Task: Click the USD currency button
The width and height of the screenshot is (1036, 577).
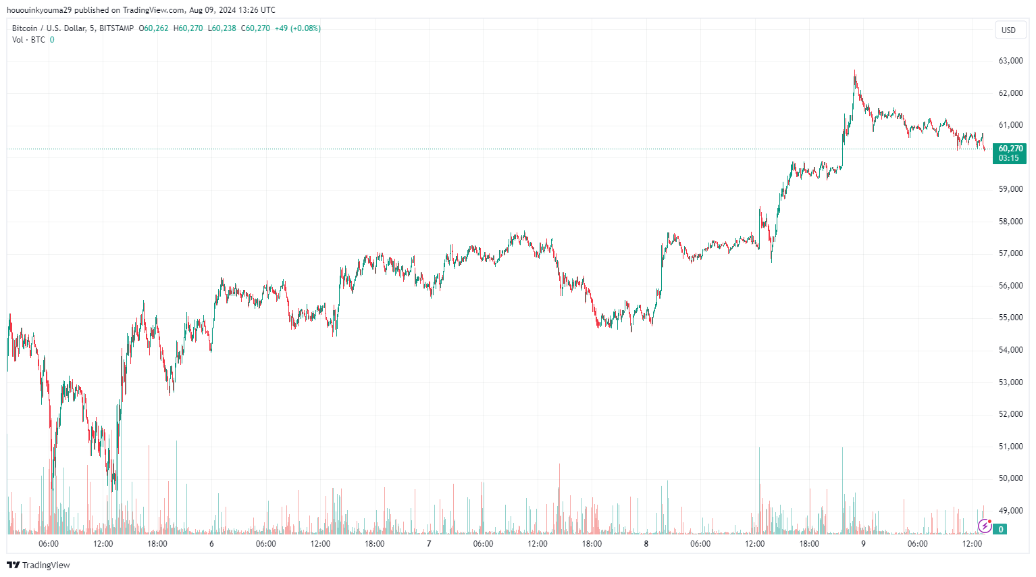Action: (x=1008, y=30)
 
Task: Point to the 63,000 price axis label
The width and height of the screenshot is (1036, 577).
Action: (x=1010, y=61)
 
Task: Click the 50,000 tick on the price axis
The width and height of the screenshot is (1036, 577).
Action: (x=1010, y=478)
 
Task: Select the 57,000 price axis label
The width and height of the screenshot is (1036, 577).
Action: (x=1010, y=253)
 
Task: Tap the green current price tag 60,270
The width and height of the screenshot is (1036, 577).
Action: (x=1010, y=149)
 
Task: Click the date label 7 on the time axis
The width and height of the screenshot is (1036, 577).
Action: (x=429, y=544)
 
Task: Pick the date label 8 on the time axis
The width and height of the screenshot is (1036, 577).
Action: (x=646, y=544)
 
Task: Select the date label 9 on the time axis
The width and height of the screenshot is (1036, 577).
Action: (x=863, y=544)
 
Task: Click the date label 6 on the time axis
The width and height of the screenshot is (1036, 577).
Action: (x=211, y=544)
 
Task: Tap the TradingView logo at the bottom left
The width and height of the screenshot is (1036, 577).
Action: (x=38, y=565)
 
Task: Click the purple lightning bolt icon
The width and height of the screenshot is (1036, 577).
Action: (x=985, y=526)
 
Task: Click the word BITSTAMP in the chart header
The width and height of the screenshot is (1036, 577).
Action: (x=116, y=28)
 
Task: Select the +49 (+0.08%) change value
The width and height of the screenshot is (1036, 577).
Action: (x=297, y=28)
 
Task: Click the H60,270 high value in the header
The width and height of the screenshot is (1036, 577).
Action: (x=188, y=28)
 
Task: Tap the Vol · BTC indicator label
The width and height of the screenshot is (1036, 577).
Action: (x=28, y=40)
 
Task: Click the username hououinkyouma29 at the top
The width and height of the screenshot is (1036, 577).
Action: (x=38, y=10)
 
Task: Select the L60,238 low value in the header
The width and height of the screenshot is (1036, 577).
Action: (x=222, y=28)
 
